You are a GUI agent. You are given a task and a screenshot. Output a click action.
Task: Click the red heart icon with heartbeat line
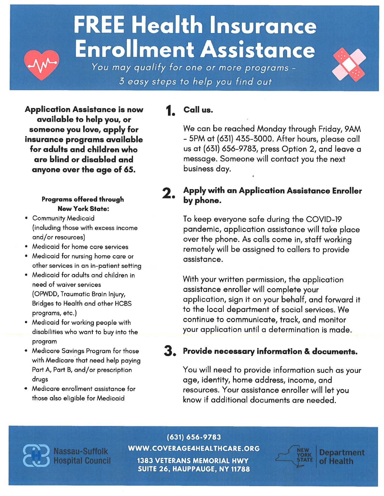pyautogui.click(x=41, y=65)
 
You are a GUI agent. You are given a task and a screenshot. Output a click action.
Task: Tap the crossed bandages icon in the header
pyautogui.click(x=349, y=65)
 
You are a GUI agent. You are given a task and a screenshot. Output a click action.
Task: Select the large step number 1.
pyautogui.click(x=170, y=111)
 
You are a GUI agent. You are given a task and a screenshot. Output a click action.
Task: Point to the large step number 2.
pyautogui.click(x=168, y=193)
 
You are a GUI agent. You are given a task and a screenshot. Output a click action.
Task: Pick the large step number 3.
pyautogui.click(x=169, y=351)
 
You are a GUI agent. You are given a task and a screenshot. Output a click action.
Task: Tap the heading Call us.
pyautogui.click(x=198, y=110)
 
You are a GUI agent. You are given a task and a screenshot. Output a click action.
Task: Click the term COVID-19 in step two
pyautogui.click(x=324, y=219)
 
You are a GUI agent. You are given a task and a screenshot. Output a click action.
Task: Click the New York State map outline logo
pyautogui.click(x=294, y=456)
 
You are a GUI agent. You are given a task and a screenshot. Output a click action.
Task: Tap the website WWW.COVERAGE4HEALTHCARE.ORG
pyautogui.click(x=194, y=448)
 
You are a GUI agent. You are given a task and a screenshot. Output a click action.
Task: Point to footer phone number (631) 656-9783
pyautogui.click(x=194, y=437)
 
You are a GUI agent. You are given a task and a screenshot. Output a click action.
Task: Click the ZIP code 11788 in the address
pyautogui.click(x=240, y=469)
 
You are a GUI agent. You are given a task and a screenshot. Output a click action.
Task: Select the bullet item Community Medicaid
pyautogui.click(x=63, y=218)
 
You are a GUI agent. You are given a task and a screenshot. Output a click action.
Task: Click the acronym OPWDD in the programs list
pyautogui.click(x=46, y=294)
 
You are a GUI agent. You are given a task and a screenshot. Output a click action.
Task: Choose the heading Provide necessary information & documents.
pyautogui.click(x=270, y=351)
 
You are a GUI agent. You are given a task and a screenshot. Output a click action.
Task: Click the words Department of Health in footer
pyautogui.click(x=341, y=457)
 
